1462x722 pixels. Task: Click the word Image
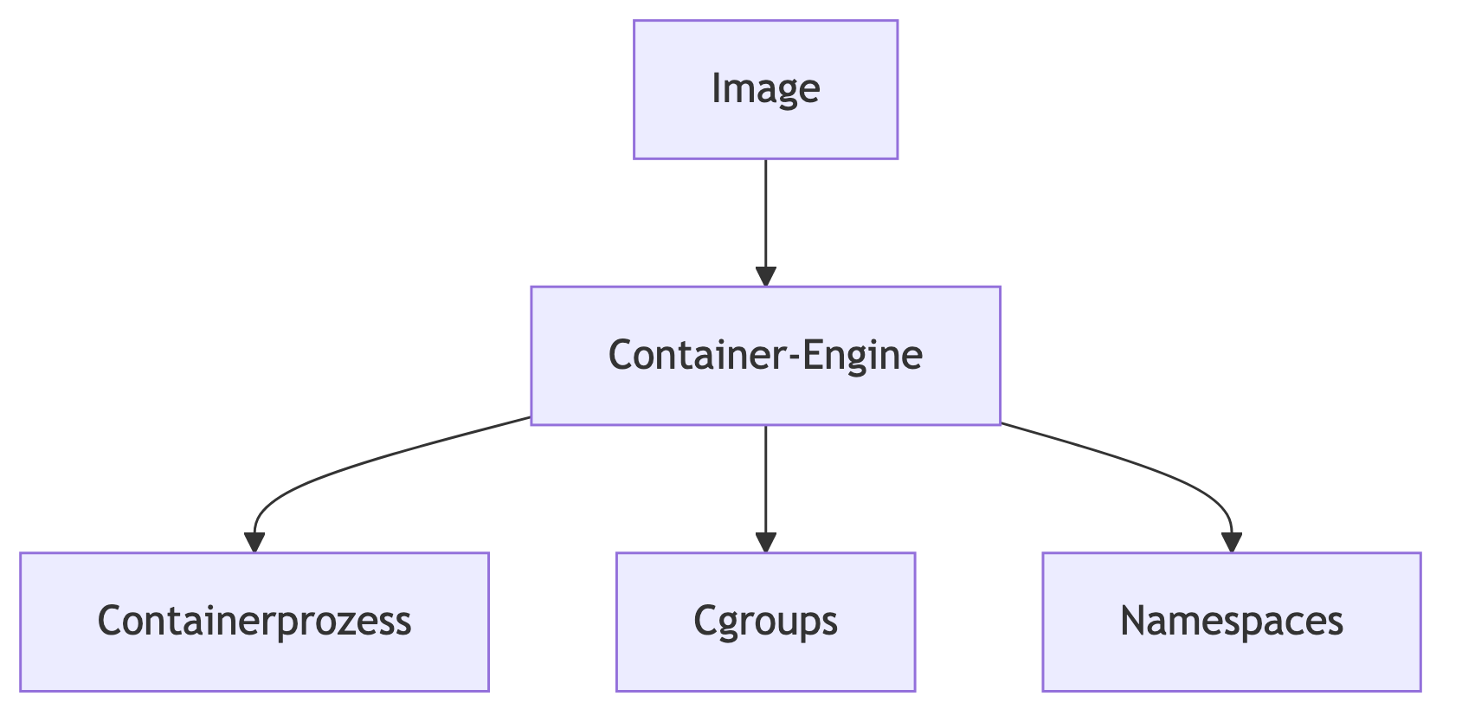[765, 88]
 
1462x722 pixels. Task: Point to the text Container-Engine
[765, 355]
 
